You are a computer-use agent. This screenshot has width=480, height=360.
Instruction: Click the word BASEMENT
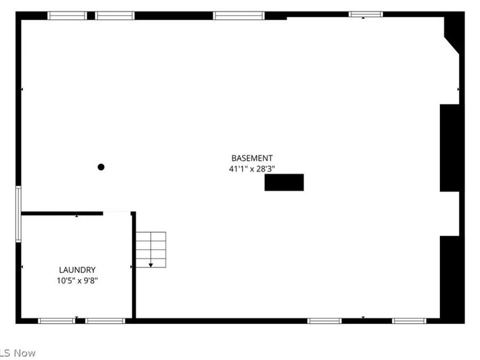click(x=252, y=158)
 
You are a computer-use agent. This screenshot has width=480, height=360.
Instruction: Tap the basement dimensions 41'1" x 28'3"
click(x=252, y=169)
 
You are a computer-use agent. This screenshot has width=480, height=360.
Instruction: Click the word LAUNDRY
click(x=77, y=270)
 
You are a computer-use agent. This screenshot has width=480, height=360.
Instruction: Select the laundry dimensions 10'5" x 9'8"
click(x=77, y=280)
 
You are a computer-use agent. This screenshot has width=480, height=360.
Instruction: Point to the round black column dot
click(x=101, y=167)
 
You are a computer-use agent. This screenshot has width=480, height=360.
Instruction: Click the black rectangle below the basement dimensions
click(x=284, y=182)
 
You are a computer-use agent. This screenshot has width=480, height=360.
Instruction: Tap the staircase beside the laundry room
click(x=151, y=250)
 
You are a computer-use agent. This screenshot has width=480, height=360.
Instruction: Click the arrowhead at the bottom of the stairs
click(x=151, y=265)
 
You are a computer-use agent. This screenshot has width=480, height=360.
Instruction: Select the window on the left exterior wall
click(x=19, y=214)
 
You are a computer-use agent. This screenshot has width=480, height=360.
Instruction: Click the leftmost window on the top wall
click(x=67, y=16)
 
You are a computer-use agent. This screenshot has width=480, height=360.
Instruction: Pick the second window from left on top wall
click(x=115, y=16)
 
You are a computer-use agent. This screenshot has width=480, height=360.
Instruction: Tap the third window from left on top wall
click(x=239, y=16)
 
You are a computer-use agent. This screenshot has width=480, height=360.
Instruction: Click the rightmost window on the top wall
click(x=366, y=14)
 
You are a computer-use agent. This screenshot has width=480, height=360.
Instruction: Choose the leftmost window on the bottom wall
click(x=56, y=321)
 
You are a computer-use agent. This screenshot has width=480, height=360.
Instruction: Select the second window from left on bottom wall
click(x=106, y=321)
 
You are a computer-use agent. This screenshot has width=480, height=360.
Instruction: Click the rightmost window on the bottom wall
click(x=409, y=321)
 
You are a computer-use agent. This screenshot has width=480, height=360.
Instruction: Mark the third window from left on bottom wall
click(x=325, y=321)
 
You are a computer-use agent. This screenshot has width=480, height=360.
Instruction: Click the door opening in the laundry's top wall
click(x=117, y=213)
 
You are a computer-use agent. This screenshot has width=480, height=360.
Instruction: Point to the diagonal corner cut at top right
click(x=452, y=46)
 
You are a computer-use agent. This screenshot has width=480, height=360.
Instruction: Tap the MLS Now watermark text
click(x=18, y=353)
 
